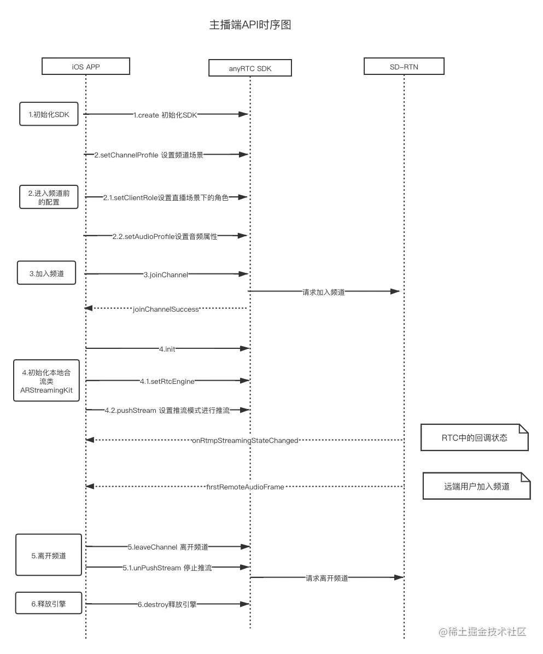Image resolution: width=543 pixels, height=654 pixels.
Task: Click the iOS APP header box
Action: (86, 67)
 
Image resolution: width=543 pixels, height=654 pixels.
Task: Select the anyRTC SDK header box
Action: (250, 68)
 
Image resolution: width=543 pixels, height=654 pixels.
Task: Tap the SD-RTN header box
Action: (404, 67)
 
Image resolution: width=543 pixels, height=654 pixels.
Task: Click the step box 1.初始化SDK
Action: (48, 115)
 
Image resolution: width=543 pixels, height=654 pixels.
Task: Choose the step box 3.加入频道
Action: (47, 273)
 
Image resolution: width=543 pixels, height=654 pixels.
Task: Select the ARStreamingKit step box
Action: (46, 381)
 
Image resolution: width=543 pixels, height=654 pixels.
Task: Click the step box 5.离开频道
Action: (49, 556)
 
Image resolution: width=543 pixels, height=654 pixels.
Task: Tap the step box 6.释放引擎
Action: (49, 604)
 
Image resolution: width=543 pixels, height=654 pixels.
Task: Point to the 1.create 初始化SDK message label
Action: (166, 115)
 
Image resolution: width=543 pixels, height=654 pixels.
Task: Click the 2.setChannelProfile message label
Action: (149, 155)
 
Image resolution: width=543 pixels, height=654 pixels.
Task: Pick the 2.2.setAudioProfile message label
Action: (164, 236)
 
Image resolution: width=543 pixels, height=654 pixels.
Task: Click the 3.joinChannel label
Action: (165, 275)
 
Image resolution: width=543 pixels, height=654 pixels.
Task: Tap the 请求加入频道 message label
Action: (324, 292)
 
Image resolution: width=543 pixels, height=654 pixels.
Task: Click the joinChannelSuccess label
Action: (166, 309)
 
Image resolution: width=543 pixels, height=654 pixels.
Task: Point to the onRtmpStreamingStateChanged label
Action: (245, 440)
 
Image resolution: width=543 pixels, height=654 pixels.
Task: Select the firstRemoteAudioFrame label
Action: (244, 487)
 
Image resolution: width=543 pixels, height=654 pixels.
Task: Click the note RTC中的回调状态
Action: (474, 437)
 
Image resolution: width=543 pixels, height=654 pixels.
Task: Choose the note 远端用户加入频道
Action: (476, 486)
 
